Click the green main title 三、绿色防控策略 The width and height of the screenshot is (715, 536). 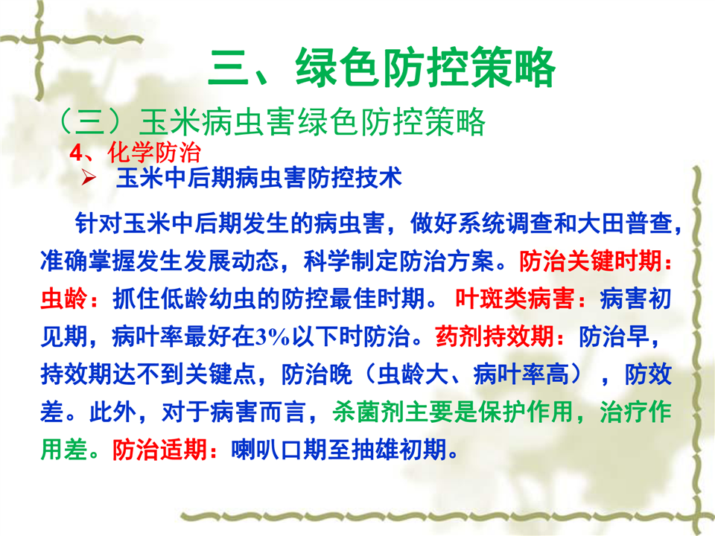pos(381,68)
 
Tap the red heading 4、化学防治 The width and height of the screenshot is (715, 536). pos(135,153)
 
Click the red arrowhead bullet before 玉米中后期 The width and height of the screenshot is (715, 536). pos(89,177)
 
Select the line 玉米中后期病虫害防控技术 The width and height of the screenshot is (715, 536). pos(259,178)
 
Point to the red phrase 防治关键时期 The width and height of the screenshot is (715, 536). pos(591,261)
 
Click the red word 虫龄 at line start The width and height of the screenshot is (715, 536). pos(64,299)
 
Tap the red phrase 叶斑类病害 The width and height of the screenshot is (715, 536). pos(515,299)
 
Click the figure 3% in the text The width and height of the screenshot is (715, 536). pos(273,337)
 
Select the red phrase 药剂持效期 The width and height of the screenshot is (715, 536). pos(495,336)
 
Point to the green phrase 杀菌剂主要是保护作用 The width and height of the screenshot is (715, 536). pos(452,412)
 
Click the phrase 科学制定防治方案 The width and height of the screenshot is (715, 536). pos(398,261)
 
